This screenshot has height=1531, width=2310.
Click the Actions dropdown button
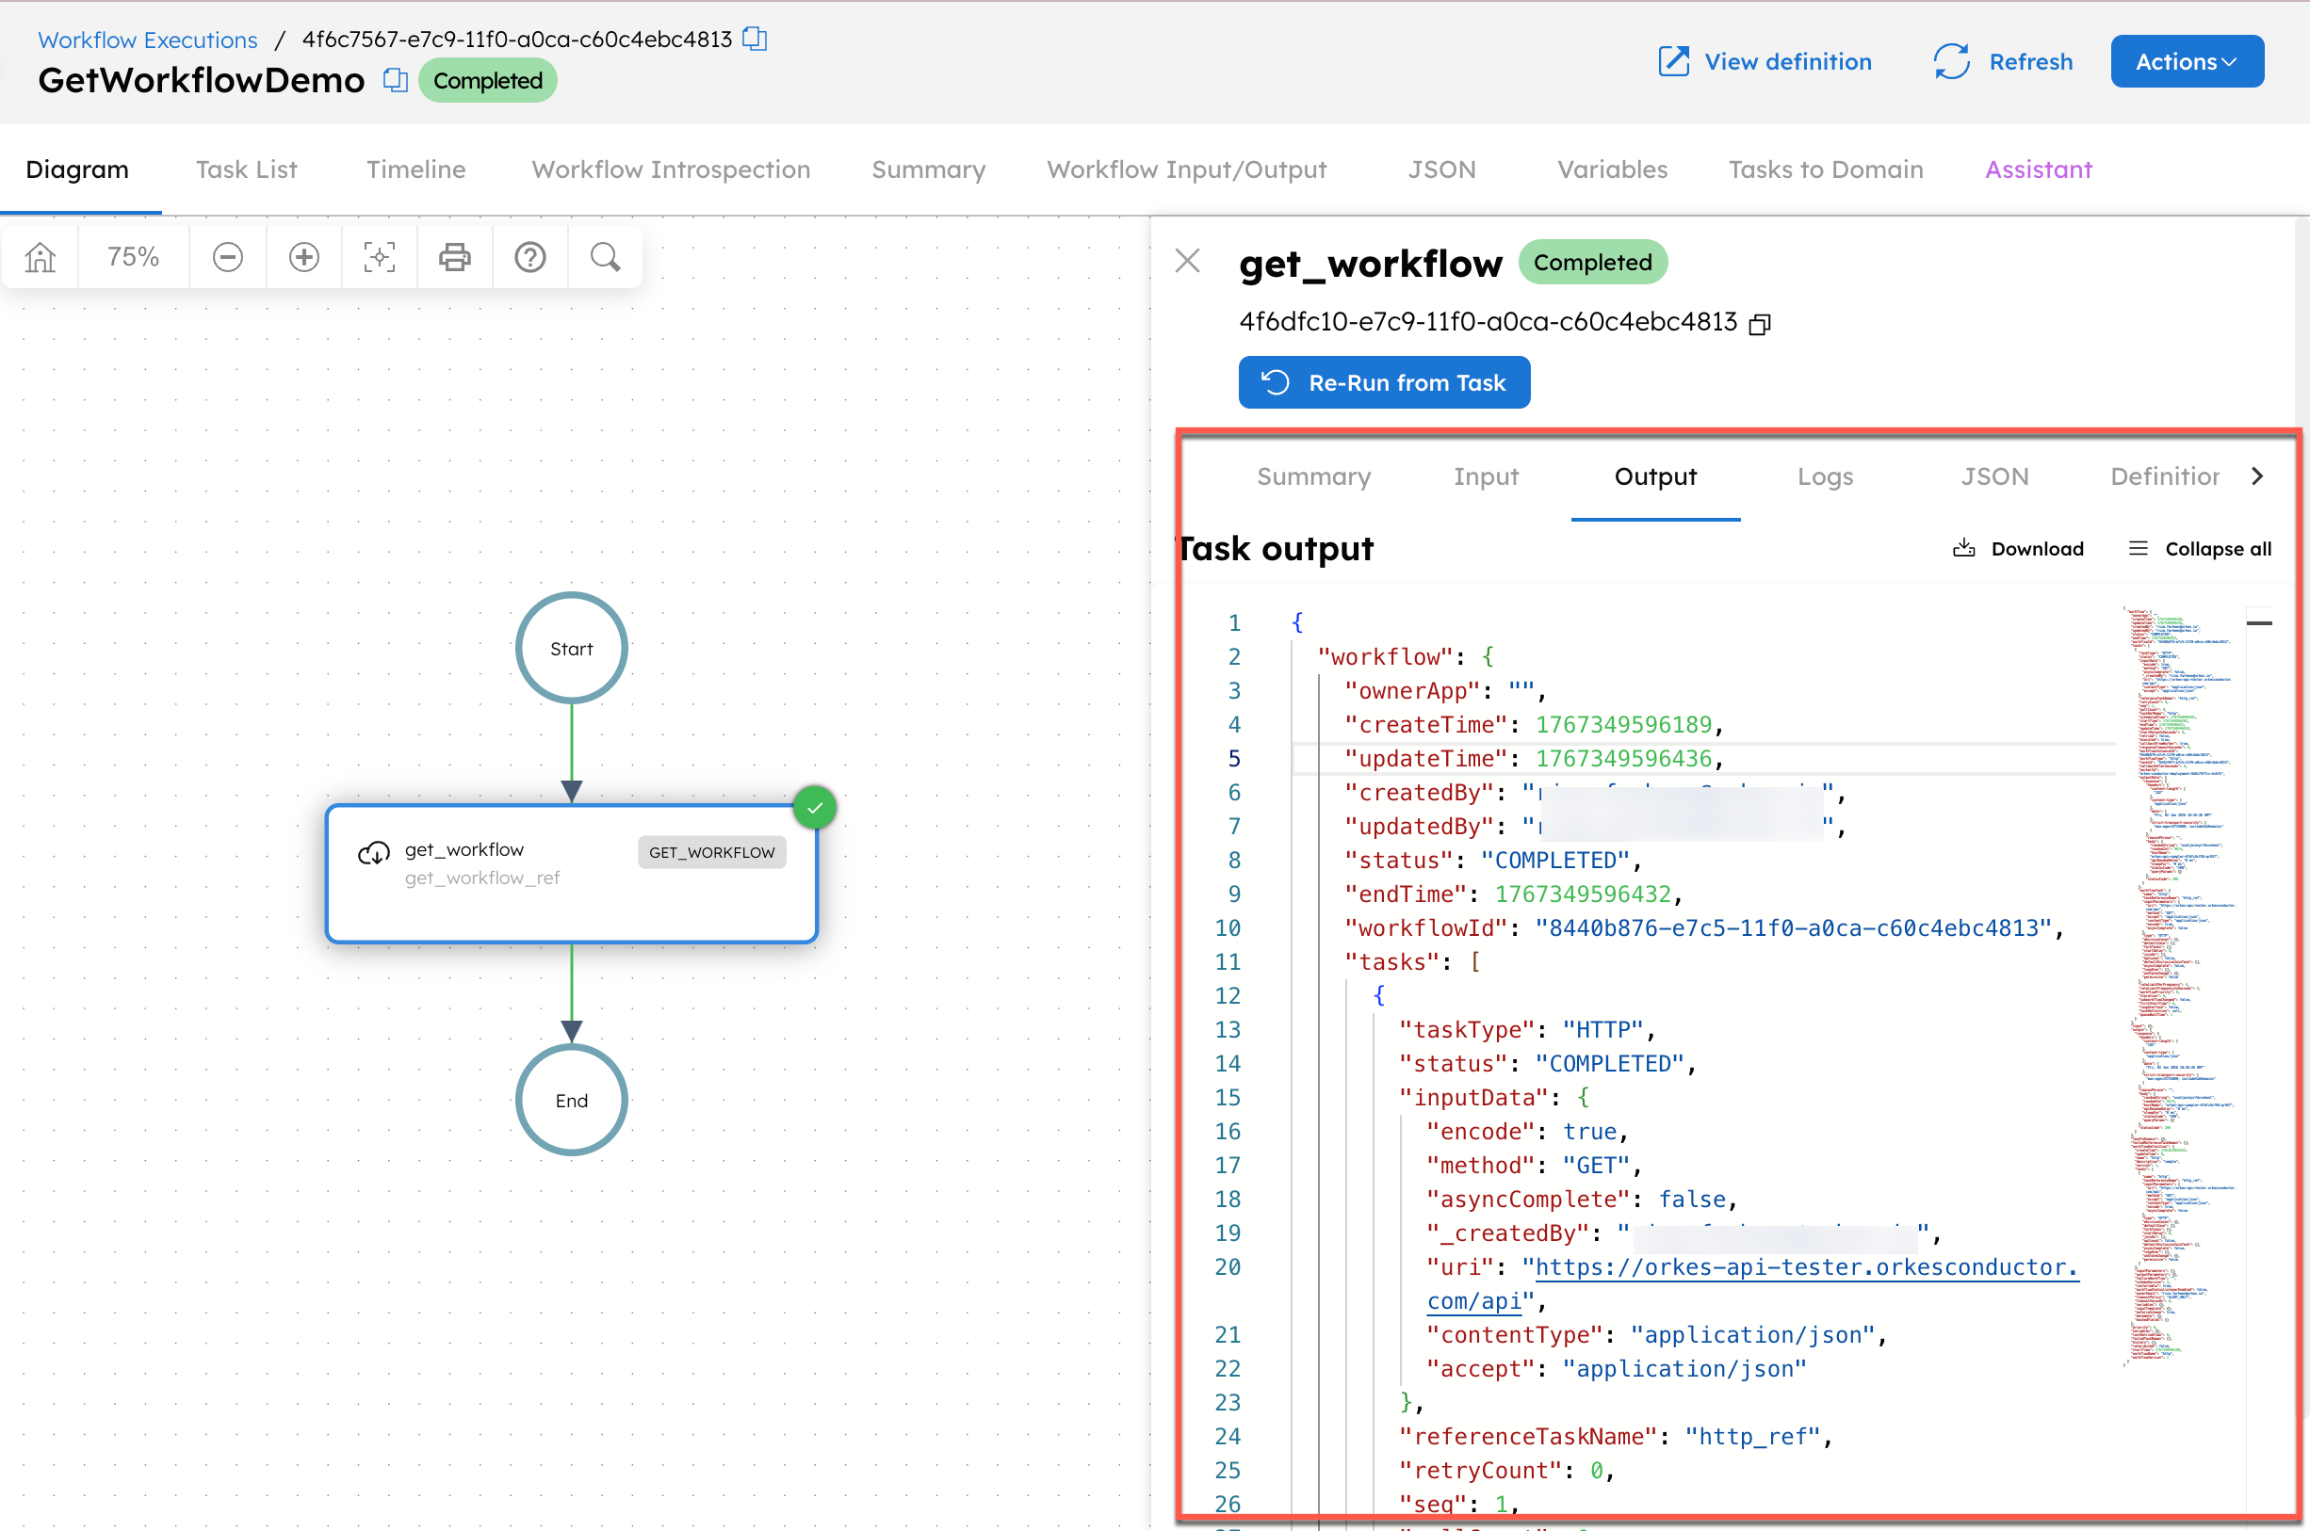(x=2186, y=61)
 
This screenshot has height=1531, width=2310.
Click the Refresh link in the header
(x=2003, y=61)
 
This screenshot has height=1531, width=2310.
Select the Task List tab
(x=246, y=169)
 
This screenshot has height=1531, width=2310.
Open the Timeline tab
(x=416, y=169)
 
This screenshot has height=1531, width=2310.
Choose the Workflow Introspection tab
(x=671, y=169)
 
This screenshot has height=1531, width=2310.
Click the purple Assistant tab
(x=2039, y=169)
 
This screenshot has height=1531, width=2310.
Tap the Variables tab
(x=1612, y=169)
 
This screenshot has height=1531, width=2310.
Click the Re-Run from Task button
(x=1383, y=382)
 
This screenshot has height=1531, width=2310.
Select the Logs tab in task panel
(x=1825, y=476)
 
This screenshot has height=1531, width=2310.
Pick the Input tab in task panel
(x=1486, y=476)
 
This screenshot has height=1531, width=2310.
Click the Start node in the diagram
(x=572, y=649)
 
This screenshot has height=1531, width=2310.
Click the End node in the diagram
(x=572, y=1101)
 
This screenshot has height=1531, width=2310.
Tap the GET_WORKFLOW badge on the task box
(x=711, y=852)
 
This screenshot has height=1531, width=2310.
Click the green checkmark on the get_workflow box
(x=815, y=808)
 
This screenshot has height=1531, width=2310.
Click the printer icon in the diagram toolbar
(x=454, y=258)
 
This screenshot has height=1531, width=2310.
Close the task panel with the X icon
(x=1188, y=261)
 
